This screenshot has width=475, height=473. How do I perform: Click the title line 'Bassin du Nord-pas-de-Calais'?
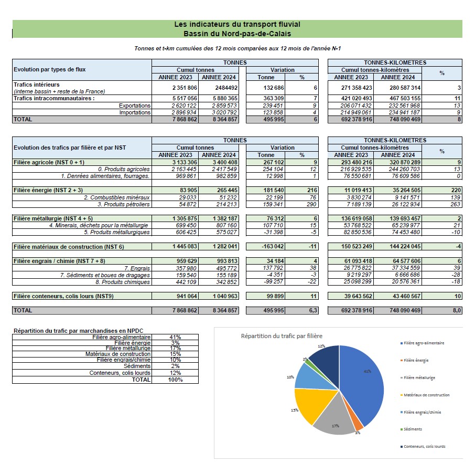[237, 34]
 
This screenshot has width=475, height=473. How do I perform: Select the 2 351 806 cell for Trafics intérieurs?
[185, 88]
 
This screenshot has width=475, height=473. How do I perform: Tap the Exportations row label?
[135, 106]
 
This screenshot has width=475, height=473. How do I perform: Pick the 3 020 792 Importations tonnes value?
[224, 112]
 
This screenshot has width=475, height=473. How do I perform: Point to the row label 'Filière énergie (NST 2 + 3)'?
[48, 190]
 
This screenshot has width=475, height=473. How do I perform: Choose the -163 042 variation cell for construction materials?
[273, 246]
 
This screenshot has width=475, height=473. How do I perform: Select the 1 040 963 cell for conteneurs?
[225, 296]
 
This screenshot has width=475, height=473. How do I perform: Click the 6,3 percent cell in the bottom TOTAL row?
[313, 310]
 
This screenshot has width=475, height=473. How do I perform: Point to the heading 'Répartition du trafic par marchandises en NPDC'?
[79, 331]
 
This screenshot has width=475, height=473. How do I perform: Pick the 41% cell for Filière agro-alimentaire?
[175, 337]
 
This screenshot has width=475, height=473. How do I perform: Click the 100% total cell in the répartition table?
[175, 380]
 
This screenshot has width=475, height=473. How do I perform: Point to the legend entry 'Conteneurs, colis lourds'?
[423, 447]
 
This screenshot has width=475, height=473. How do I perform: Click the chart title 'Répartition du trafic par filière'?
[282, 336]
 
